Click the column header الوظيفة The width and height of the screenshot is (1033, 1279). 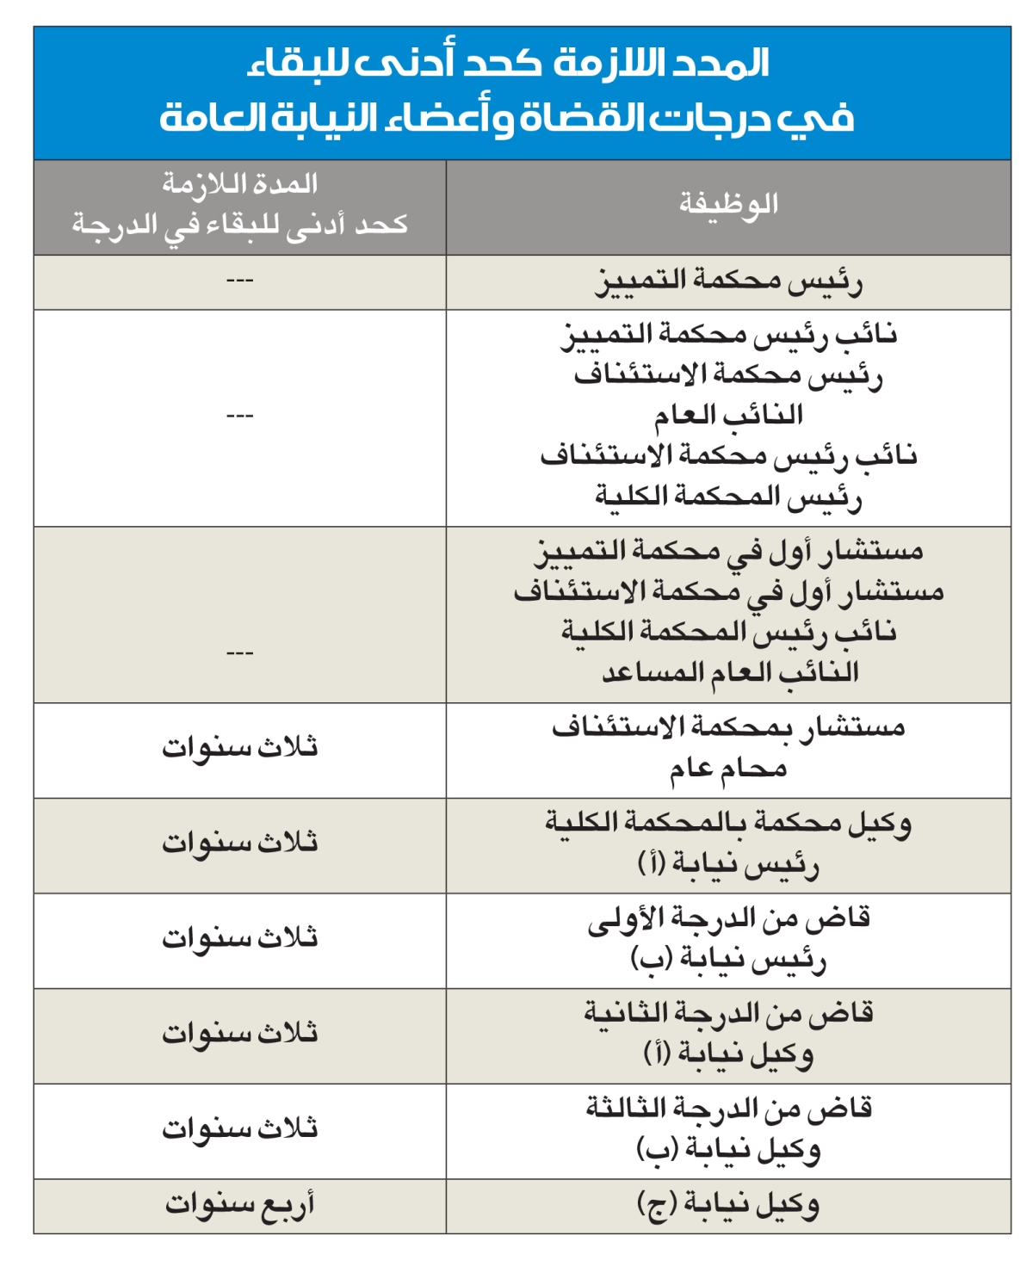pos(728,205)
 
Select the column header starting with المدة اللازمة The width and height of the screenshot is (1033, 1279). pos(240,205)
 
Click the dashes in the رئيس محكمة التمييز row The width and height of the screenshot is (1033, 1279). pos(239,281)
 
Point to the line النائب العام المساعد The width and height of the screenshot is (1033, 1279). pos(730,672)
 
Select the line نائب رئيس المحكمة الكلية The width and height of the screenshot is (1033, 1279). pos(729,632)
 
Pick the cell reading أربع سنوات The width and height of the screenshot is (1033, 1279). pos(240,1204)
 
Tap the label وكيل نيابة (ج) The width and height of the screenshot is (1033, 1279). pos(728,1204)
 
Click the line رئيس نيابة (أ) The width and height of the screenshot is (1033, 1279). pos(728,863)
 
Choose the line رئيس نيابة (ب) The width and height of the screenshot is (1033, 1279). pos(728,958)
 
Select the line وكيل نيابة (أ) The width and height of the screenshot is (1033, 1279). pos(728,1053)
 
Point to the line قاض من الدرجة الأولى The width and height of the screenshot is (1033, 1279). pos(728,918)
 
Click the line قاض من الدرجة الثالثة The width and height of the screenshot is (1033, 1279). pos(728,1109)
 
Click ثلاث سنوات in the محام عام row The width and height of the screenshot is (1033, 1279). pos(240,747)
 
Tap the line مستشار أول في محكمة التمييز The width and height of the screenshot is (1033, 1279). pos(728,551)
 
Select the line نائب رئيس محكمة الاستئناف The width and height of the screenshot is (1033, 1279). pos(728,455)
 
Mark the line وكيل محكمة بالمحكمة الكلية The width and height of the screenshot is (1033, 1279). pos(728,824)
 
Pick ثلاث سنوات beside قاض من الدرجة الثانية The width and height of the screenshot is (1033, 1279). pos(240,1033)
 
